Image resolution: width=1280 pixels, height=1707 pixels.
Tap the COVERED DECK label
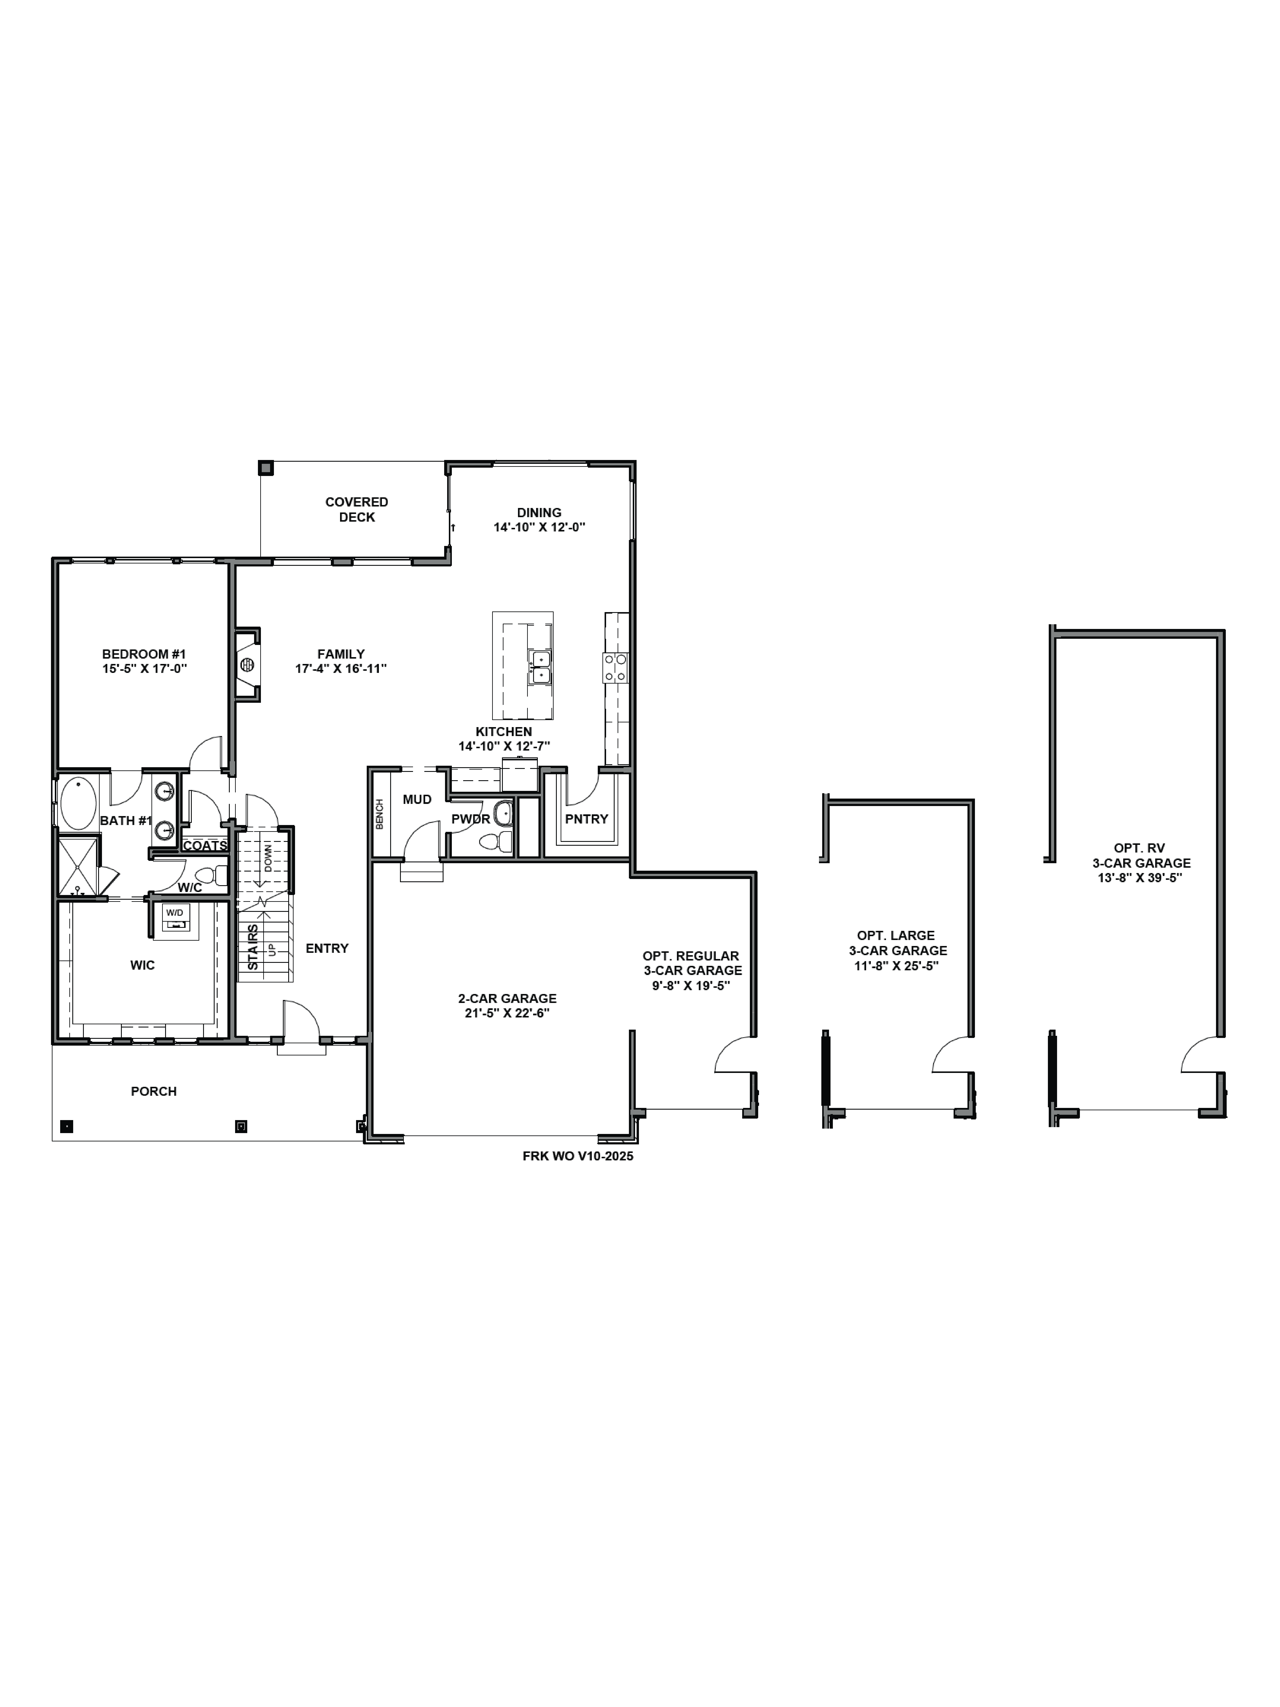(356, 509)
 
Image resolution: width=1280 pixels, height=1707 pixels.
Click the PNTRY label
(586, 819)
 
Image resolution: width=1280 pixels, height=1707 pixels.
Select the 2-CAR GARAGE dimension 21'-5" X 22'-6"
(507, 1013)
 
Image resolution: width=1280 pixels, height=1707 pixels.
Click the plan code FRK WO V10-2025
(578, 1156)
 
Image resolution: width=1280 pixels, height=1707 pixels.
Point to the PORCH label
(154, 1091)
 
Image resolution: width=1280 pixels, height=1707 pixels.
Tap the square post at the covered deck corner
(265, 468)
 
